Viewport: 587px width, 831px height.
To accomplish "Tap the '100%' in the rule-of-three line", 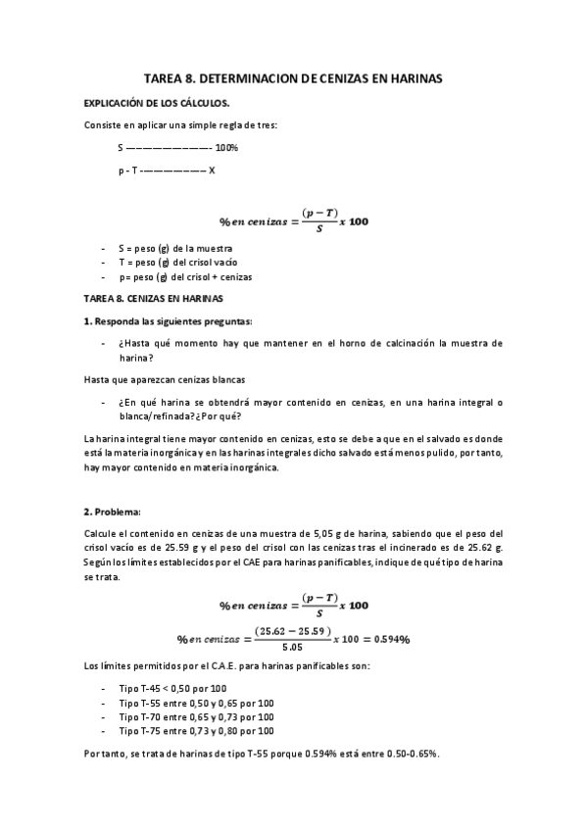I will click(226, 148).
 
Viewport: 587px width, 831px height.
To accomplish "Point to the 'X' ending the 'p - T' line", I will click(212, 170).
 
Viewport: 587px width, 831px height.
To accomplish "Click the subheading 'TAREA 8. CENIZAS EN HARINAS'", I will click(154, 298).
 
